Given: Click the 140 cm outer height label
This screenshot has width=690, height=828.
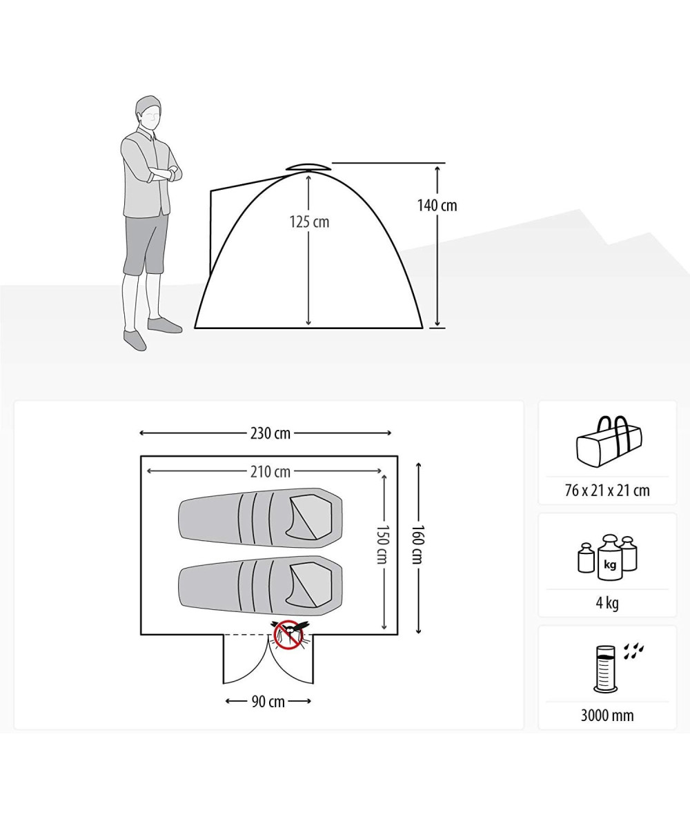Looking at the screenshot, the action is tap(437, 206).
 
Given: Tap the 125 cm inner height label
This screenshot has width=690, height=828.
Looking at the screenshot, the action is tap(309, 222).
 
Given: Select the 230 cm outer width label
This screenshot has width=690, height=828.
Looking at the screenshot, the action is tap(270, 433).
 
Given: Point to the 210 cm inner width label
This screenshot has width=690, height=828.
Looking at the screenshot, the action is tap(270, 472).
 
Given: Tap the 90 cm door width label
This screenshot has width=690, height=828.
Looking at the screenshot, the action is tap(268, 702).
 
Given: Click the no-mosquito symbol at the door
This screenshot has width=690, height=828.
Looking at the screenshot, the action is tap(288, 635).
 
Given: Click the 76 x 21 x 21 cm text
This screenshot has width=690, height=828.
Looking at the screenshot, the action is tap(607, 491).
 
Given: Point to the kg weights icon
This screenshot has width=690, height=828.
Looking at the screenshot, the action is tap(607, 558).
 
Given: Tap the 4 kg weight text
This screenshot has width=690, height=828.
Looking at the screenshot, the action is tap(607, 603).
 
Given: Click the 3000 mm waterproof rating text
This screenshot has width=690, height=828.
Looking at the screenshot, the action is tap(607, 716).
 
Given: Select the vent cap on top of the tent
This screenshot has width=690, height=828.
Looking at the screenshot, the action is tap(308, 167).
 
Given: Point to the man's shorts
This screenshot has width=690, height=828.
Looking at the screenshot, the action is tap(146, 244).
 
